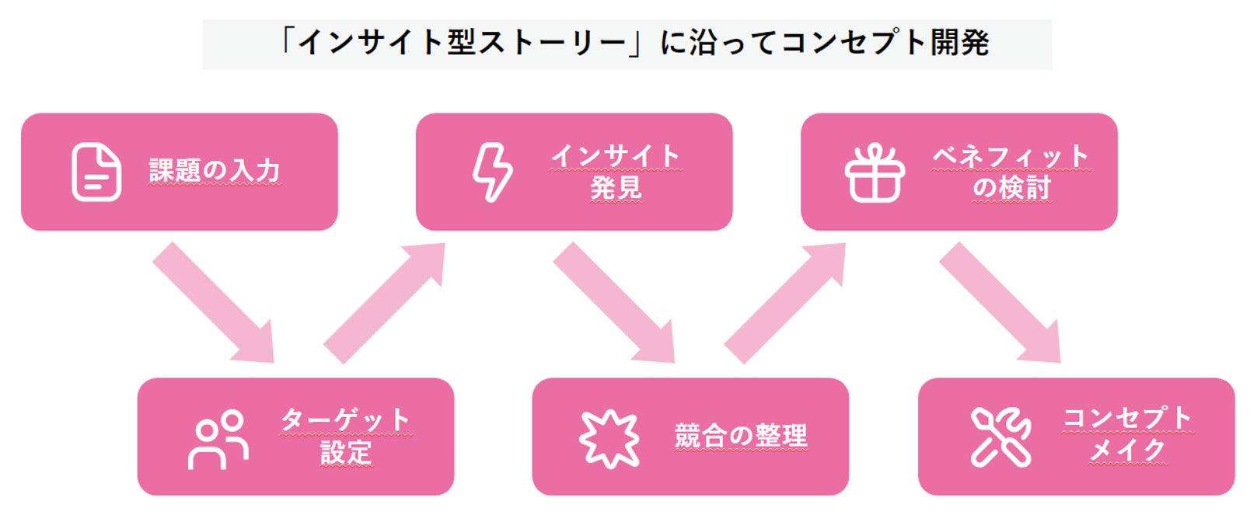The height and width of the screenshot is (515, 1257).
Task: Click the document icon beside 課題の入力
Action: pyautogui.click(x=96, y=172)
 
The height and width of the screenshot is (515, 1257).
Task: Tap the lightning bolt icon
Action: pyautogui.click(x=493, y=172)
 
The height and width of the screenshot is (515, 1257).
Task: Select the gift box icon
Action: pyautogui.click(x=875, y=172)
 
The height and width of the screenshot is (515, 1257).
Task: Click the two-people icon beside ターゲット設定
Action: pyautogui.click(x=218, y=439)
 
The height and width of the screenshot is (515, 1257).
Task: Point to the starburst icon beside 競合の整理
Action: pyautogui.click(x=609, y=438)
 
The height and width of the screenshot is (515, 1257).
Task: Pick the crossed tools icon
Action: pyautogui.click(x=1000, y=437)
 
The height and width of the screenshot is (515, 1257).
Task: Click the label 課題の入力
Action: pyautogui.click(x=215, y=171)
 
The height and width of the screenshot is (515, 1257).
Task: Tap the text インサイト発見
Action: pyautogui.click(x=616, y=172)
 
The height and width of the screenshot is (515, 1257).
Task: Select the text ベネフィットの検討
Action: pyautogui.click(x=1011, y=172)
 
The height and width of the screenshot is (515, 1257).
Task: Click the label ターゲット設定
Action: pyautogui.click(x=346, y=437)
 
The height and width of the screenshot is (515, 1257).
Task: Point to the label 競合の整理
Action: pyautogui.click(x=741, y=436)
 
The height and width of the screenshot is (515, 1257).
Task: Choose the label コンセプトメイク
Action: pyautogui.click(x=1127, y=434)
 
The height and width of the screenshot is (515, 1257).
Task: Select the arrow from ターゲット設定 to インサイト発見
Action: pyautogui.click(x=383, y=302)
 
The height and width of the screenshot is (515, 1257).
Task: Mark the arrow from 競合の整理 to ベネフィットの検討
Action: pyautogui.click(x=784, y=302)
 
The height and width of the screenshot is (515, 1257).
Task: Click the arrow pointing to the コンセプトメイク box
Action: pyautogui.click(x=1001, y=304)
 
